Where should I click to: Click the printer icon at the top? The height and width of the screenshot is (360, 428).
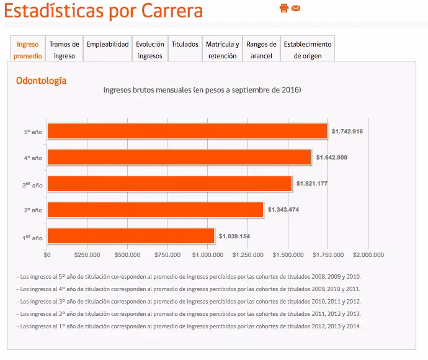click(284, 8)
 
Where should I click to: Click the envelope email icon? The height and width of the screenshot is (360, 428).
click(296, 8)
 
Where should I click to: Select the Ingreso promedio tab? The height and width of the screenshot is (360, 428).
click(29, 50)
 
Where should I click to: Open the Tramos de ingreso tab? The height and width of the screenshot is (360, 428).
click(65, 50)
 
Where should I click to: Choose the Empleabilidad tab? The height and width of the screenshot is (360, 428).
click(107, 45)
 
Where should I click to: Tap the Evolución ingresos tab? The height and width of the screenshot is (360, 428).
click(150, 50)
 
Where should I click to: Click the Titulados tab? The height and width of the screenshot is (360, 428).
click(185, 45)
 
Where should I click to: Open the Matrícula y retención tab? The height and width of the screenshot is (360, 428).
click(222, 50)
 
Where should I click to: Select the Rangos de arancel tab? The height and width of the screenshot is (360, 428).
click(261, 50)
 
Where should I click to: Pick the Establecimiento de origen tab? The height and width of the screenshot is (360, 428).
click(308, 50)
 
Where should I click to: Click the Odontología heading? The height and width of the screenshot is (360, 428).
click(41, 81)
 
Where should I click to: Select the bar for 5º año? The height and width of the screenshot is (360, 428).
click(187, 131)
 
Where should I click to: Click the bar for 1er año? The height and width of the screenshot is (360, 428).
click(130, 236)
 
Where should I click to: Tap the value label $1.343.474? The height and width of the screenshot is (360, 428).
click(283, 210)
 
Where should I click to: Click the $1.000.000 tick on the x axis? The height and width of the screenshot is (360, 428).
click(208, 254)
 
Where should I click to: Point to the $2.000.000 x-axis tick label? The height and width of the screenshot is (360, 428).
click(368, 254)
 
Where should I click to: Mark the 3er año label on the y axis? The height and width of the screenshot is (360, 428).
click(32, 184)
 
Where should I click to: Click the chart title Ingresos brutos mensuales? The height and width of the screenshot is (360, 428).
click(202, 90)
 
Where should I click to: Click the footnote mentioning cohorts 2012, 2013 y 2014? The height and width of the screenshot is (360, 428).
click(189, 326)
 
